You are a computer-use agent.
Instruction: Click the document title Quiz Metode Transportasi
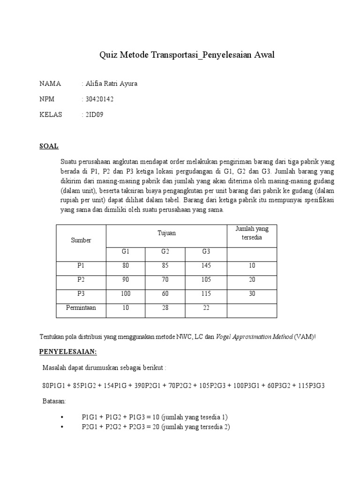click(x=187, y=55)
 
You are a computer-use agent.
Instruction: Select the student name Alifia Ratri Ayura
click(x=111, y=84)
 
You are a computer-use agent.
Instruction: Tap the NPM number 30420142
click(x=98, y=99)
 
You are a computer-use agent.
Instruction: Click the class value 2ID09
click(x=93, y=114)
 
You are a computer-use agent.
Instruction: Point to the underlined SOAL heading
click(x=49, y=146)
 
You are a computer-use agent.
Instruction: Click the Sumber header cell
click(x=81, y=240)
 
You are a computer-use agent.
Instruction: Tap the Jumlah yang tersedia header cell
click(x=252, y=233)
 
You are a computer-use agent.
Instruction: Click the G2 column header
click(x=165, y=252)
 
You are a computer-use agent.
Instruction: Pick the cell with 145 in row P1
click(x=206, y=266)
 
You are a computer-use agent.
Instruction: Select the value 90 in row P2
click(x=125, y=280)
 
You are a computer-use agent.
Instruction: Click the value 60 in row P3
click(x=165, y=294)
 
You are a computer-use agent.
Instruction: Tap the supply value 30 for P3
click(x=252, y=294)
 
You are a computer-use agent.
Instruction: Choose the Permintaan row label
click(x=81, y=308)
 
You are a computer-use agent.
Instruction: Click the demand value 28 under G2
click(x=165, y=308)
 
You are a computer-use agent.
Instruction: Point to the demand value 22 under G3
click(x=206, y=308)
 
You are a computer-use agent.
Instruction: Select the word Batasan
click(x=54, y=402)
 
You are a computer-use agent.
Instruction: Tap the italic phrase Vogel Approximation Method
click(x=255, y=337)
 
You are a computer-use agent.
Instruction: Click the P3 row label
click(x=81, y=294)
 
